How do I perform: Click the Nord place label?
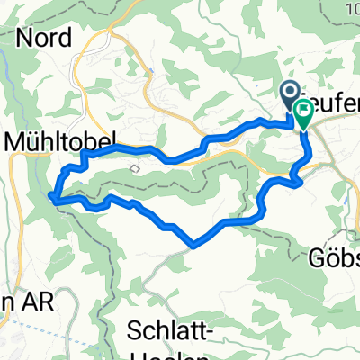point(42,38)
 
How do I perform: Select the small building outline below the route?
point(135,167)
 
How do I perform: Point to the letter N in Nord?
point(25,38)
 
